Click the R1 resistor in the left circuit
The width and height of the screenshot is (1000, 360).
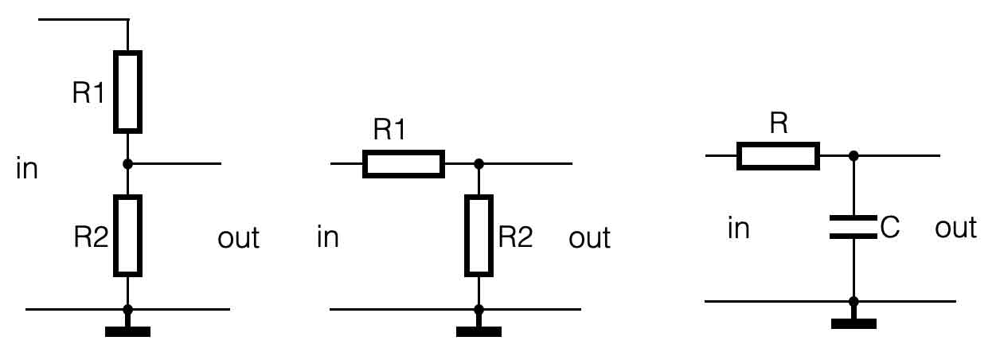pos(127,91)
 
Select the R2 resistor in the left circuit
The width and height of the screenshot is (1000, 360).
pos(127,236)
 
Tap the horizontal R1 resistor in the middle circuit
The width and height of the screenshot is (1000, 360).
pos(403,163)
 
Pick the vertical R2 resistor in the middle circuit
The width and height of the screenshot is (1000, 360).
pos(479,236)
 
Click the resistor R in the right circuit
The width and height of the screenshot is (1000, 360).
pos(778,156)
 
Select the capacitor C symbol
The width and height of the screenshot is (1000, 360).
pos(854,226)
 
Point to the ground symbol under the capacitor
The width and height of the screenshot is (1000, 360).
pos(854,323)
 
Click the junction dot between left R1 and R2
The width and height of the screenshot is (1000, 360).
pos(127,164)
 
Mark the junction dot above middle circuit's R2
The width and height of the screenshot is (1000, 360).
pos(479,164)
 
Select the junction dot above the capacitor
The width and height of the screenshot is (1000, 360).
pos(854,156)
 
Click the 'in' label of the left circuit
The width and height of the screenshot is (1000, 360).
pos(27,170)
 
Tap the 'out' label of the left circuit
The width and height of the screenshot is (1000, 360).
pos(238,237)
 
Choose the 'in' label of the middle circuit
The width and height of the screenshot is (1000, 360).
pos(328,237)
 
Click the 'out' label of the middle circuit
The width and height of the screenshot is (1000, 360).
pos(590,237)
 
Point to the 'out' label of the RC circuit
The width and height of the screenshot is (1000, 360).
pos(955,229)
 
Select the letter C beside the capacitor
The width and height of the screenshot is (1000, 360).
pos(889,229)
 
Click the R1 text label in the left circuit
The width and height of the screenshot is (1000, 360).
pos(88,94)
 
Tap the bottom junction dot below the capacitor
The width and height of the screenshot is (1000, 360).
pos(854,302)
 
